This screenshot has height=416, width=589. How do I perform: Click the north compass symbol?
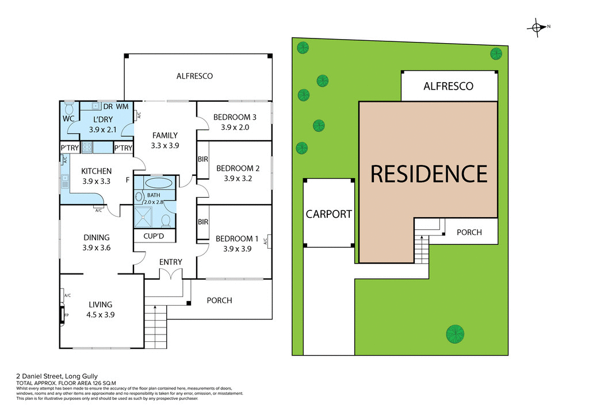pos(537,27)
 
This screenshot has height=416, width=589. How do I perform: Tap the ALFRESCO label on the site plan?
pos(448,86)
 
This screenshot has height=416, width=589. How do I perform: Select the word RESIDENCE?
pos(429,174)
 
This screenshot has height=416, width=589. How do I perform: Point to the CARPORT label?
pos(328,214)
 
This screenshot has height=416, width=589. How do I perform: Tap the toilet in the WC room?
pos(69,109)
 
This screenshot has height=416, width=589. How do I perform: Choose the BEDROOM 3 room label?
pos(235,117)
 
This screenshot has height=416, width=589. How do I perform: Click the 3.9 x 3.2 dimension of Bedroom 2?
pos(235,178)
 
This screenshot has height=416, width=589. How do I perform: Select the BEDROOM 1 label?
pos(237,238)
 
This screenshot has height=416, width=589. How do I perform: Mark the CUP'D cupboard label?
pos(155,236)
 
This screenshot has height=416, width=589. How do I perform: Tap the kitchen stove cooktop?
pos(87,148)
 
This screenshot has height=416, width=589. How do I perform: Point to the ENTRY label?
pos(171,262)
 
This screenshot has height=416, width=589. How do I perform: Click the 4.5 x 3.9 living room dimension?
pos(100,314)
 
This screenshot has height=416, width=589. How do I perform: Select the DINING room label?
pos(96,237)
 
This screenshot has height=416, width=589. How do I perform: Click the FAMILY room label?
pos(165,136)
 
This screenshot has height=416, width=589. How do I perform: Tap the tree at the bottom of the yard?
pos(454,333)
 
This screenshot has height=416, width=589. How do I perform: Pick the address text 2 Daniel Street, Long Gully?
pos(57,376)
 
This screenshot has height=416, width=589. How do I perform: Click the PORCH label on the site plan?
pos(469,233)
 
